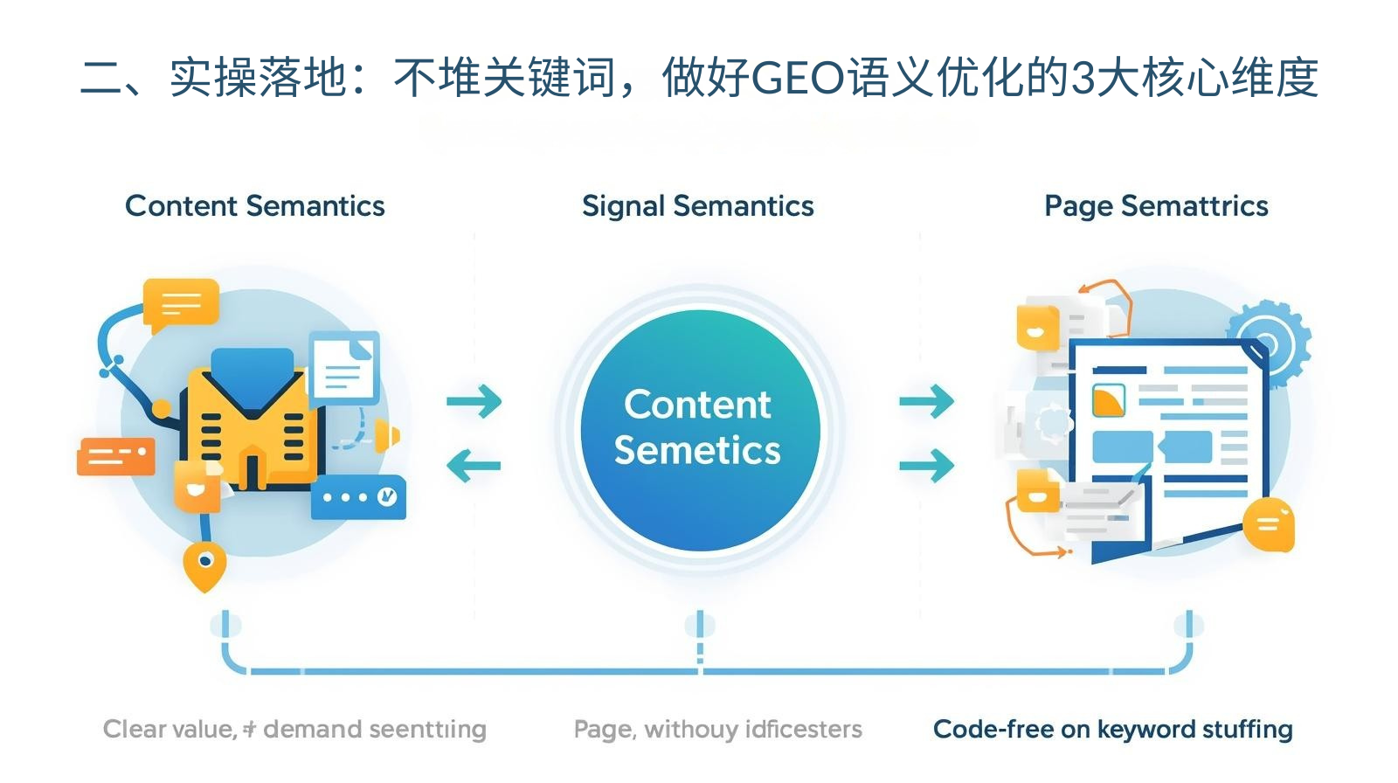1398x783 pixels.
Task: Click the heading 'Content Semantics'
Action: pos(254,206)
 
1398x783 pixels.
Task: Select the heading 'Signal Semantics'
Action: pos(697,206)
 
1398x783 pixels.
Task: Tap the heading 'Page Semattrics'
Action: pos(1155,206)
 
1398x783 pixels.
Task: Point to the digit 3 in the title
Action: pos(1082,79)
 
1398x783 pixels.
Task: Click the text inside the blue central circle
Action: pos(697,427)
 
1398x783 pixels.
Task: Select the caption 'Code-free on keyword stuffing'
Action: pos(1112,729)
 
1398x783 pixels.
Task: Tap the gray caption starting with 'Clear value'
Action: pos(294,729)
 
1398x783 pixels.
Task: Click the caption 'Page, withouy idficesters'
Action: pos(717,729)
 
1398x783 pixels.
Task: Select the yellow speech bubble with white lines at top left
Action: pos(181,303)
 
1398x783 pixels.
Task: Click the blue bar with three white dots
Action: pos(358,497)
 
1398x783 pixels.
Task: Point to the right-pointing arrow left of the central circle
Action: pos(474,401)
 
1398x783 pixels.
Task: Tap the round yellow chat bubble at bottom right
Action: pos(1268,524)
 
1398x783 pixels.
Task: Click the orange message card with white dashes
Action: pos(116,455)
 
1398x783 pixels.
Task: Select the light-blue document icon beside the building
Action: pos(345,367)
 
